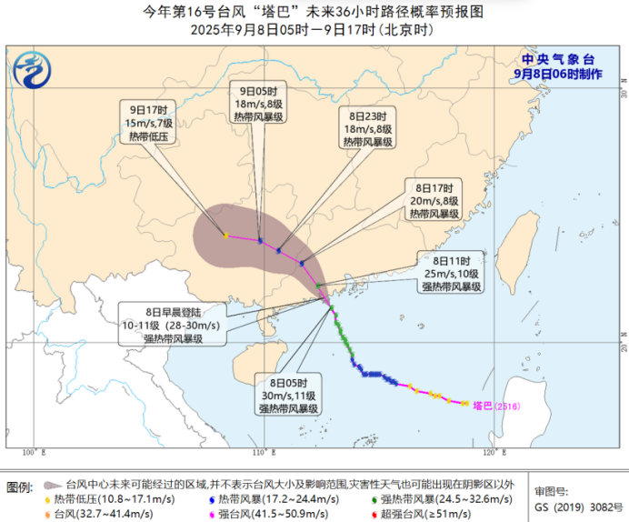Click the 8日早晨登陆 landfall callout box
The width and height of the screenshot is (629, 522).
click(x=172, y=325)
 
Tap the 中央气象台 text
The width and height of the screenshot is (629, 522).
click(x=557, y=59)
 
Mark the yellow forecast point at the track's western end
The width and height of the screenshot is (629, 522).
click(x=225, y=236)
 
